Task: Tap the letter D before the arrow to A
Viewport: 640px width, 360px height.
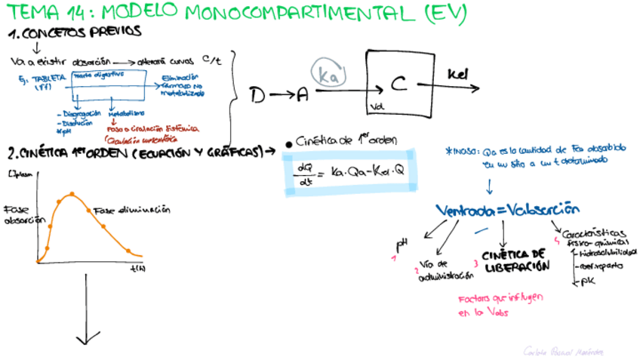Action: tap(258, 94)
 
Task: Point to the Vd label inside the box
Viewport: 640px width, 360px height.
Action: tap(378, 107)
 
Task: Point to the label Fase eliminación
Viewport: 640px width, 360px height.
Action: tap(132, 210)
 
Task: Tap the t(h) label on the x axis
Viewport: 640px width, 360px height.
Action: tap(138, 268)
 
